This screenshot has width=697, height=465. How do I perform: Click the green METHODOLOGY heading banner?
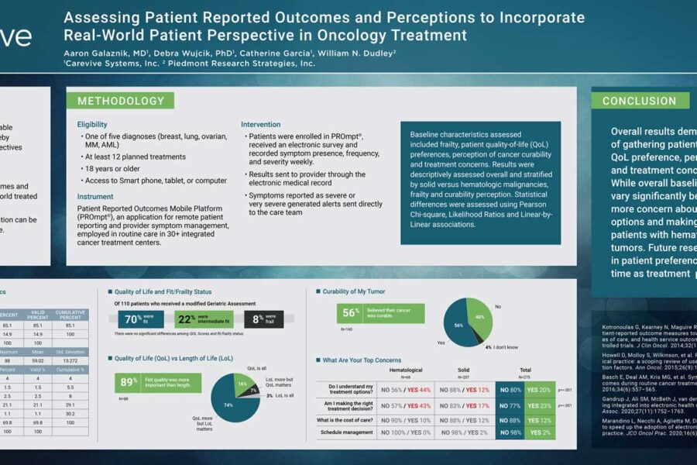click(x=121, y=101)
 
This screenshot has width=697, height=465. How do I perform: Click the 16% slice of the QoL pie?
click(x=241, y=384)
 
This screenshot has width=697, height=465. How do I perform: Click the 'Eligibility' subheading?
click(x=92, y=125)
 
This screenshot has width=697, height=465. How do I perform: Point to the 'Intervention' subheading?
click(x=260, y=125)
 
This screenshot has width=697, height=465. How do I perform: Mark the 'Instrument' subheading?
click(x=95, y=197)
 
